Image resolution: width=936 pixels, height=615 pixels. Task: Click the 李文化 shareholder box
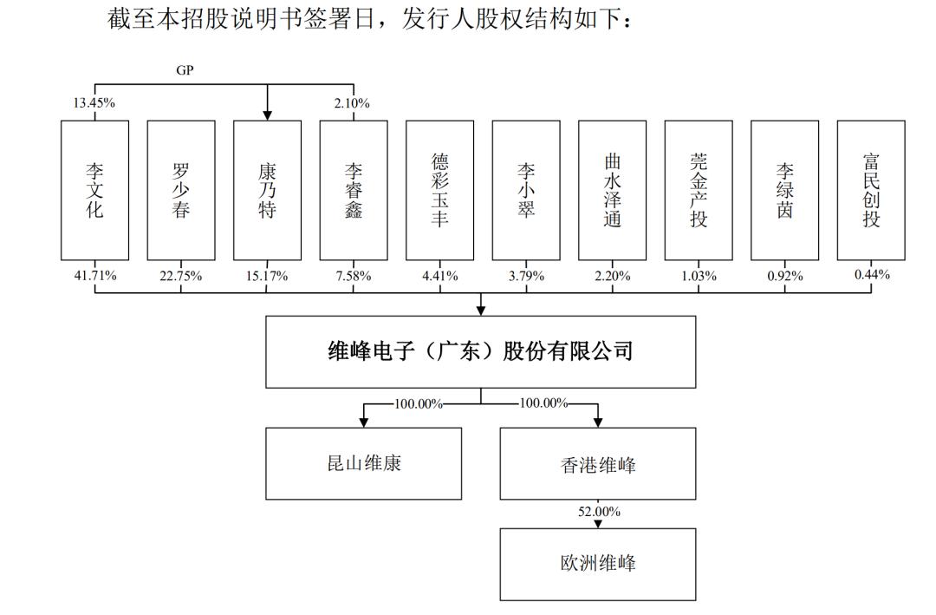coord(95,190)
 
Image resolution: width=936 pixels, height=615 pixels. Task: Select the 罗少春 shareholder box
coord(181,190)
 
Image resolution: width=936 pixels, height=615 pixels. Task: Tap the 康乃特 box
coord(268,190)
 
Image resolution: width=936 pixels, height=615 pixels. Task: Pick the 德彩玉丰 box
coord(440,190)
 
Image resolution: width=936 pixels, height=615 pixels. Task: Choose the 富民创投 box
coord(871,190)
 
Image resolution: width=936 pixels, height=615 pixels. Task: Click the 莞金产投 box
coord(699,190)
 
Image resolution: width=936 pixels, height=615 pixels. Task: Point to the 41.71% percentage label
coord(95,276)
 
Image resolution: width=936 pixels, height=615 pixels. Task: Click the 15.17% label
coord(267,276)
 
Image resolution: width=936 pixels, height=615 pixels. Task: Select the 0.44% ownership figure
coord(872,274)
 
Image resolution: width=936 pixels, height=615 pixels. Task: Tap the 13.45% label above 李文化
coord(94,103)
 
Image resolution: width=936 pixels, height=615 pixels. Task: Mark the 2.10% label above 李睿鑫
coord(352,103)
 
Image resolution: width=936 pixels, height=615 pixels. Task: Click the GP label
coord(185,70)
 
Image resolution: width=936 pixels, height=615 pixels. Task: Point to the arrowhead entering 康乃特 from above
coord(268,115)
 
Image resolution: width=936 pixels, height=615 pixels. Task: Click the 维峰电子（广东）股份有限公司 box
coord(480,352)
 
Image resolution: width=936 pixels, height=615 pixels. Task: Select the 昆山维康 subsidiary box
coord(363,463)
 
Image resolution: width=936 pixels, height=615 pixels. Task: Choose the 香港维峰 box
coord(597,463)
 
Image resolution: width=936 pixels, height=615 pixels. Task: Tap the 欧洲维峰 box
coord(597,564)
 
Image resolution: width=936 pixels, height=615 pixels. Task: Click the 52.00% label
coord(599,512)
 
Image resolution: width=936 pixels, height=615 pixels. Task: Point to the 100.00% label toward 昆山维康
coord(418,404)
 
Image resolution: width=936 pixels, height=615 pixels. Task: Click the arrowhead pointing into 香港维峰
coord(597,422)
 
